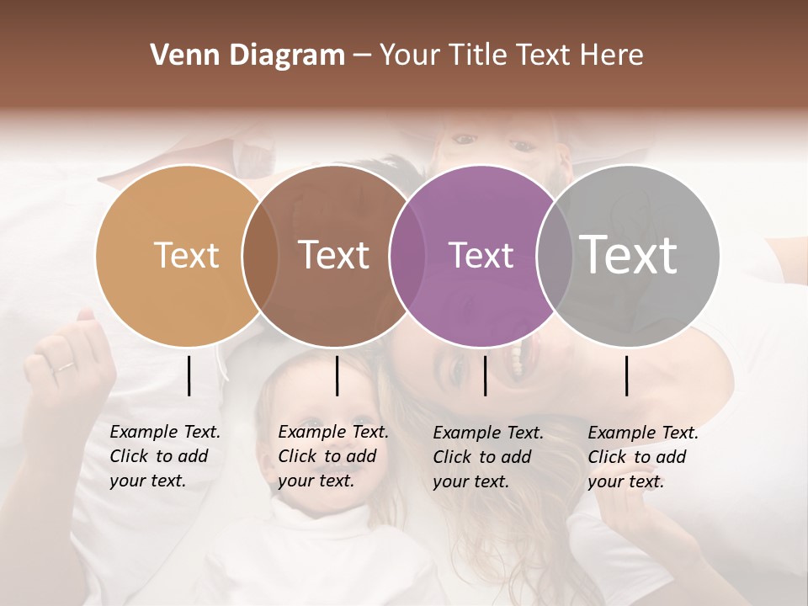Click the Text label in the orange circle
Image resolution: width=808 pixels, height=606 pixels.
pyautogui.click(x=186, y=255)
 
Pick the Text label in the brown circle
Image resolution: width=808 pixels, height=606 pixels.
pyautogui.click(x=333, y=255)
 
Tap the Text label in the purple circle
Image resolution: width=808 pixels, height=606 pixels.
pyautogui.click(x=481, y=255)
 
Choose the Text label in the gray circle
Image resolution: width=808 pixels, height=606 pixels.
pyautogui.click(x=628, y=255)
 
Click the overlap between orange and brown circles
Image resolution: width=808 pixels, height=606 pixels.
pyautogui.click(x=260, y=255)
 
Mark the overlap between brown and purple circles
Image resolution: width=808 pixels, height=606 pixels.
pyautogui.click(x=407, y=255)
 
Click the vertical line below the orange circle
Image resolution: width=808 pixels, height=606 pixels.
pyautogui.click(x=189, y=375)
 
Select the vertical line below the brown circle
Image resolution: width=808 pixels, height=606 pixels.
pyautogui.click(x=337, y=375)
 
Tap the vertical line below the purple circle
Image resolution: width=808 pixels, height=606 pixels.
pyautogui.click(x=485, y=375)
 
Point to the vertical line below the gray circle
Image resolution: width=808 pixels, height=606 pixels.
pyautogui.click(x=627, y=375)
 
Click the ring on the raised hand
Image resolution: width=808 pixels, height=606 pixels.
pyautogui.click(x=64, y=367)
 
